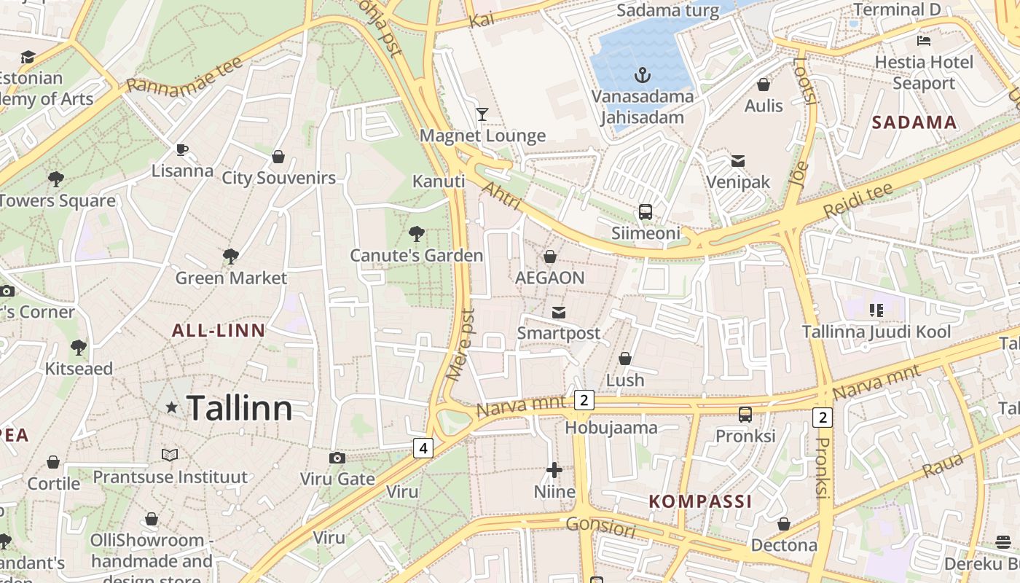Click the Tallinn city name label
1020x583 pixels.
tap(240, 408)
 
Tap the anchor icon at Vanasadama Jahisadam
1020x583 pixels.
tap(642, 74)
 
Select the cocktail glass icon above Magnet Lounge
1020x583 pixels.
tap(482, 114)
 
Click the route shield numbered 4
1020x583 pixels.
tap(423, 447)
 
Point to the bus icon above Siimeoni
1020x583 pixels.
tap(646, 212)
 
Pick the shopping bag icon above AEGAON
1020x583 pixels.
tap(550, 257)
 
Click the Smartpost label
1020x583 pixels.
tap(559, 333)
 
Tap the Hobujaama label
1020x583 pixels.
tap(611, 427)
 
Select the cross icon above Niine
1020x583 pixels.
tap(554, 470)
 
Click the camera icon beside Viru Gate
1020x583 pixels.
tap(337, 458)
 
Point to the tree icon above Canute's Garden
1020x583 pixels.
tap(416, 234)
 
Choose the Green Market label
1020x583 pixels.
tap(231, 278)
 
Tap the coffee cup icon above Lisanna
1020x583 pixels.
tap(182, 150)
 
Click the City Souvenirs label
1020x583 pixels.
tap(278, 178)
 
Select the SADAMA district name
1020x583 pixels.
tap(914, 122)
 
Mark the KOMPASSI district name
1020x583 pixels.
tap(700, 501)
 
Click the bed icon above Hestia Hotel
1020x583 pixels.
tap(924, 41)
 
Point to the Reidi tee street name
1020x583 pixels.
tap(858, 201)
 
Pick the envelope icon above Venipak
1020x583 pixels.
tap(738, 161)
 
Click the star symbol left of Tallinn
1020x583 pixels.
tap(172, 408)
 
